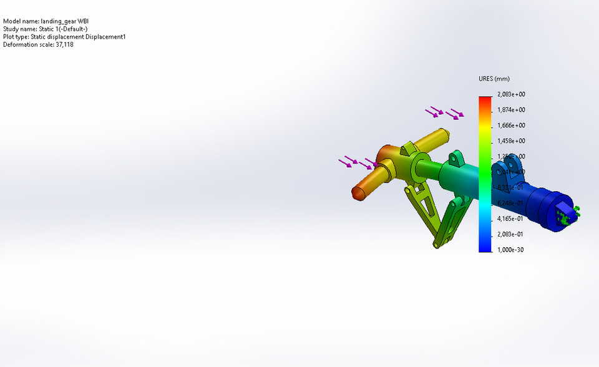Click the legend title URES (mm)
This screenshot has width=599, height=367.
coord(494,79)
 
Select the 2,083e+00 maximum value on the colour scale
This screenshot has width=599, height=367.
coord(511,94)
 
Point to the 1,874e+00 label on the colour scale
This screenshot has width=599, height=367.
coord(511,110)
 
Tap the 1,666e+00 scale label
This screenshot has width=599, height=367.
coord(511,125)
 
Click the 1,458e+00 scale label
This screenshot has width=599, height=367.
coord(511,141)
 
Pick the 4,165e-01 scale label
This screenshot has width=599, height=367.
coord(511,218)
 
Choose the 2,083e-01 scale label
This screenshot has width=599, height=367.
coord(511,234)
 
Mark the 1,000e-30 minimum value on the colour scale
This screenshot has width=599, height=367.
coord(511,250)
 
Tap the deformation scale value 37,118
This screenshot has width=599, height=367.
coord(64,45)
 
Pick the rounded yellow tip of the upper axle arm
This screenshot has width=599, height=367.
coord(444,133)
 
